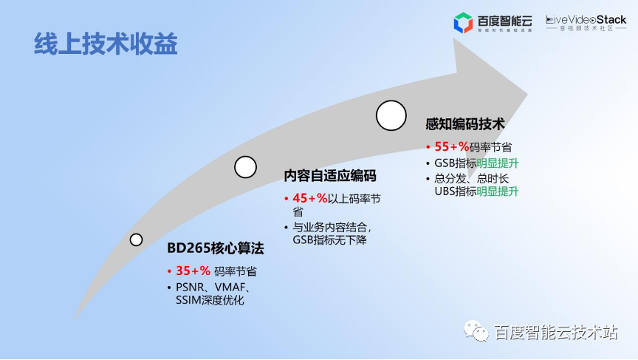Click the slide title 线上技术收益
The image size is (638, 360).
point(106,44)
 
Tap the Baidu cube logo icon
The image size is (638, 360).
point(463,23)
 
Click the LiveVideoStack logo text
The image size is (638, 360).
point(586,21)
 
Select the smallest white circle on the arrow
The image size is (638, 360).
point(136,240)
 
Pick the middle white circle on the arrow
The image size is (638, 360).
point(245,167)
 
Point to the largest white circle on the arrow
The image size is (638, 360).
point(391,115)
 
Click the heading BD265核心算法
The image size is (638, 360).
point(215,248)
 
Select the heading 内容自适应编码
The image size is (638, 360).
point(330,176)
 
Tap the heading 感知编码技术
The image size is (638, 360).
point(464,124)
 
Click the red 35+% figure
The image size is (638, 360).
point(193,271)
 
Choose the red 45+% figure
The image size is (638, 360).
point(309,198)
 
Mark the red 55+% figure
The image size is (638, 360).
point(451,146)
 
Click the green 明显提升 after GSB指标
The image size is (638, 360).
point(498,163)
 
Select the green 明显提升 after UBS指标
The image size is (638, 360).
point(498,191)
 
